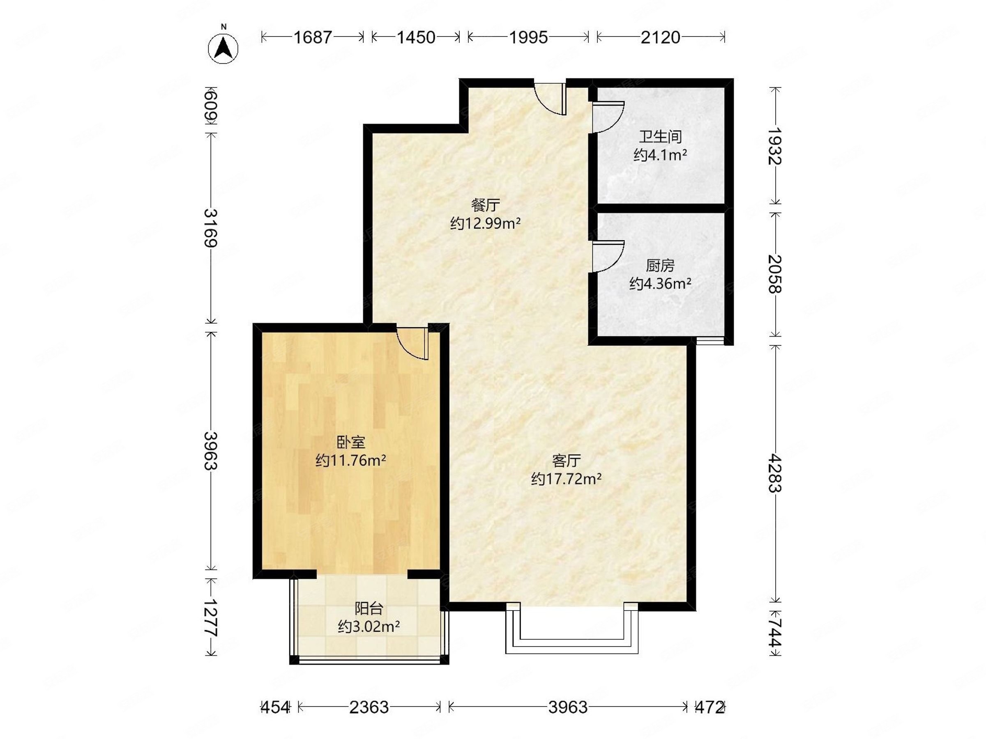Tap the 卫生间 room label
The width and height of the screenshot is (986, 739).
(x=660, y=136)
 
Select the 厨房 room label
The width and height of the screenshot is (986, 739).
(x=660, y=266)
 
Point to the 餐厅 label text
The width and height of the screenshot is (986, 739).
(x=486, y=205)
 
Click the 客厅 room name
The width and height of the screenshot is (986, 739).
(x=566, y=460)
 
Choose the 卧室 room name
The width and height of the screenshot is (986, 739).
(x=351, y=442)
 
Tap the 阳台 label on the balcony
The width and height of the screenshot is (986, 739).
(x=369, y=608)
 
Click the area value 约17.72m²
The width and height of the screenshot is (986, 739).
(x=566, y=479)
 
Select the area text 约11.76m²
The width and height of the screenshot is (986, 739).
(x=351, y=460)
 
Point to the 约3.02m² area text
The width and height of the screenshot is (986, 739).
(x=369, y=627)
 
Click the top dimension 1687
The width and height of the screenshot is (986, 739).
(x=313, y=37)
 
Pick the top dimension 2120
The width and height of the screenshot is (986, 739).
(x=661, y=37)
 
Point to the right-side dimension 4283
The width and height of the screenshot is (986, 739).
(x=775, y=473)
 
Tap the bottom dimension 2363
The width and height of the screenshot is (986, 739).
(x=369, y=707)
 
